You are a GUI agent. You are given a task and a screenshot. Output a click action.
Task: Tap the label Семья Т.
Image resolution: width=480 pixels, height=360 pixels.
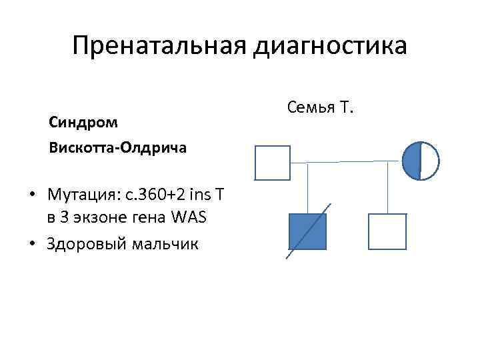tap(319, 106)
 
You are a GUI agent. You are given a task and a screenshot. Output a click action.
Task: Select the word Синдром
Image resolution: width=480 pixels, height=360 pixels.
tap(83, 123)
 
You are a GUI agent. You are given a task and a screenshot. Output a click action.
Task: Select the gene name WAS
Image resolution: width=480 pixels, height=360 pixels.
tap(189, 217)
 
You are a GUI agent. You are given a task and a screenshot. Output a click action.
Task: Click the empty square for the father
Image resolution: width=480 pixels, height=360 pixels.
tap(273, 163)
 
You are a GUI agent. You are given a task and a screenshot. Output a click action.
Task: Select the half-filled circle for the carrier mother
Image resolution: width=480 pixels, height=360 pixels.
tap(421, 161)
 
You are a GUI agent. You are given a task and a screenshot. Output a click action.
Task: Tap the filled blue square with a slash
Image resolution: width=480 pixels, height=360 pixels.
tap(307, 231)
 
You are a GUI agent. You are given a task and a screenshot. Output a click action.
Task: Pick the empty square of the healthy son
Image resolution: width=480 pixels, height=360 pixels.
tap(387, 231)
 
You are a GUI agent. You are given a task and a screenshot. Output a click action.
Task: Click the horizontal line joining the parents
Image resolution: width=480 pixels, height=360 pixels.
tap(346, 161)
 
